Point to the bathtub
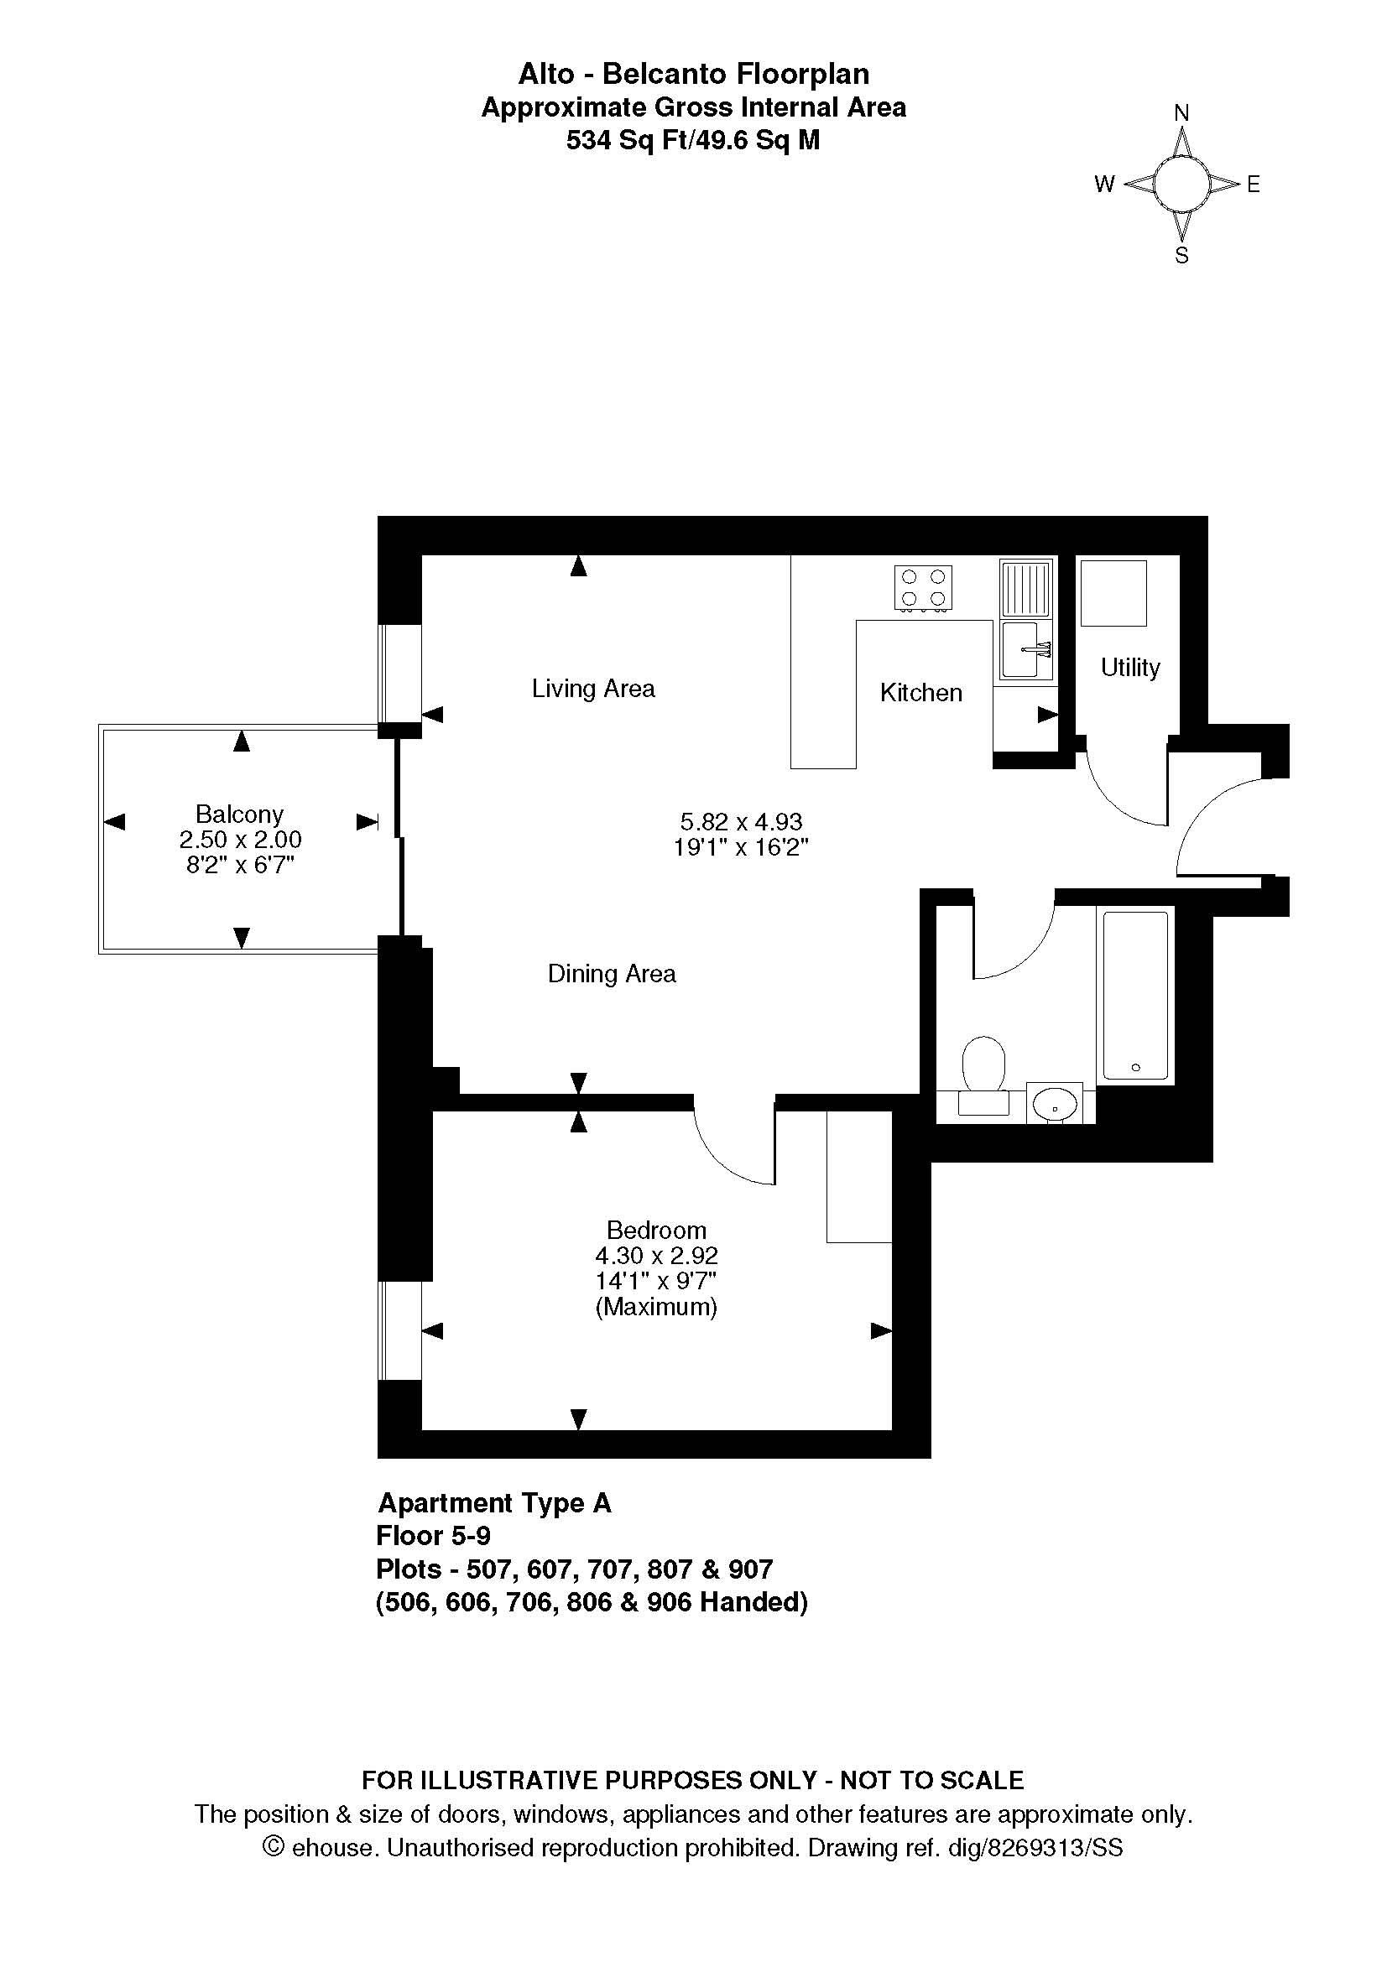pos(1135,996)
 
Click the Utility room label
pos(1129,668)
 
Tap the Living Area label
pos(593,688)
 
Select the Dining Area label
pos(612,973)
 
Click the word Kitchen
pos(921,692)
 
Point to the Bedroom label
pos(656,1230)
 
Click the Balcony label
pos(239,814)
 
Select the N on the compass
pos(1182,112)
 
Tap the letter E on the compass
pos(1254,184)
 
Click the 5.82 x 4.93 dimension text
pos(741,822)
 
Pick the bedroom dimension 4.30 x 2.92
pos(656,1256)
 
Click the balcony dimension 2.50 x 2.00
pos(240,840)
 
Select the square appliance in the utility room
pos(1113,593)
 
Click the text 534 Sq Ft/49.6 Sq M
pos(693,140)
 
